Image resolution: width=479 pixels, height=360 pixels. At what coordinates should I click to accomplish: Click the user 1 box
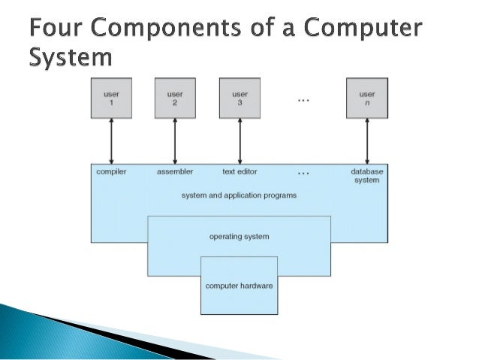pos(111,98)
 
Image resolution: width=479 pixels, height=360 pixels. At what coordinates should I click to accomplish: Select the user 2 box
pos(175,98)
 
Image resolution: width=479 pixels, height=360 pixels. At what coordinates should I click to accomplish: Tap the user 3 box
pos(239,98)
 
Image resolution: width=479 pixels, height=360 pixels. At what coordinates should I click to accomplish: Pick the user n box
pos(367,98)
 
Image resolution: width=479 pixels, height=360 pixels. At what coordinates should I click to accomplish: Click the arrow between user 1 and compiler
pos(111,140)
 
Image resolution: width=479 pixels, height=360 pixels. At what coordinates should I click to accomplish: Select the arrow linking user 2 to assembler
pos(175,140)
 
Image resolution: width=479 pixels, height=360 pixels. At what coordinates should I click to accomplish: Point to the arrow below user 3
pos(239,140)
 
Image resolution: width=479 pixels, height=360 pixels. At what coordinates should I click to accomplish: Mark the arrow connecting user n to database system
pos(367,140)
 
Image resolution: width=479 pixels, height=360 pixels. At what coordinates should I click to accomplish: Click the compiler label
pos(111,171)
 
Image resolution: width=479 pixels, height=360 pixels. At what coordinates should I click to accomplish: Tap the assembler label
pos(175,171)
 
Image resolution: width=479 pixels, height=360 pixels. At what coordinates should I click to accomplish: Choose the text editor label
pos(239,171)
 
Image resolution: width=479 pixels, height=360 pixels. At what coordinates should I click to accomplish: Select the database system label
pos(366,175)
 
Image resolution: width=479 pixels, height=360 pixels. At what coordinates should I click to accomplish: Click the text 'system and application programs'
pos(239,195)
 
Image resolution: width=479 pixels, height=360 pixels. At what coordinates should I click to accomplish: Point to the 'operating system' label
pos(239,237)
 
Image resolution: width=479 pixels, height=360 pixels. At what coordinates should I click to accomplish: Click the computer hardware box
pos(239,286)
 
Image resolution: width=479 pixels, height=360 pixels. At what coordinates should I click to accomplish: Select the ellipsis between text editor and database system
pos(303,173)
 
